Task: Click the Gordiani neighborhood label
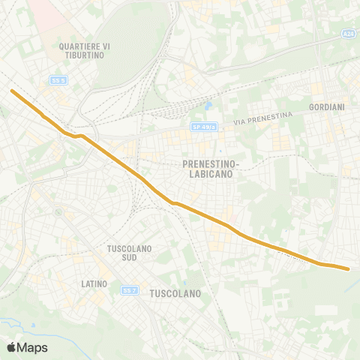[326, 107]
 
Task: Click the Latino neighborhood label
[94, 284]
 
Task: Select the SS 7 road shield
[130, 289]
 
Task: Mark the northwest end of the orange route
[12, 91]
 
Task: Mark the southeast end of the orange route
[348, 268]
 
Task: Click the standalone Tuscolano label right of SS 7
[175, 294]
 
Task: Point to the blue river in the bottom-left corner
[15, 323]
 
